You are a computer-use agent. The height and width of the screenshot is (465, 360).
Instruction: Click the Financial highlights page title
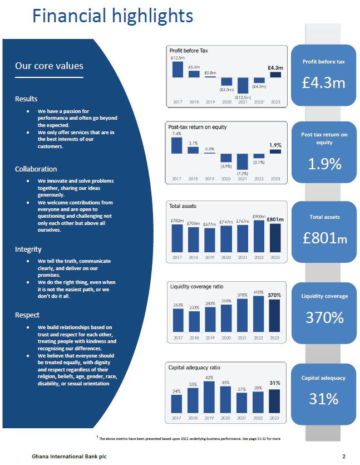tap(112, 16)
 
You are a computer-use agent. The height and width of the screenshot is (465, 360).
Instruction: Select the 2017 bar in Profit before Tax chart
tap(177, 69)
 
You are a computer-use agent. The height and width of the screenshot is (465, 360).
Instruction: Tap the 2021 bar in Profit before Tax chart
tap(243, 85)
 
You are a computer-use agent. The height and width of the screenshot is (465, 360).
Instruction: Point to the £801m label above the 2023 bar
tap(275, 219)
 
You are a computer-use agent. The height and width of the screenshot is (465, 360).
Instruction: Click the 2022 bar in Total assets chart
tap(259, 236)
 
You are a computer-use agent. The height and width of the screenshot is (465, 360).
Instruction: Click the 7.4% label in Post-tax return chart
tap(176, 134)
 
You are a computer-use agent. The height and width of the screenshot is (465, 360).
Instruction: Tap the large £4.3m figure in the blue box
tap(323, 83)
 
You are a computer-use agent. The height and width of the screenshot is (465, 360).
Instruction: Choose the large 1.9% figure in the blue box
tap(323, 164)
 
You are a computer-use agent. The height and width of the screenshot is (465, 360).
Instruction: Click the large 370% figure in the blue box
tap(323, 317)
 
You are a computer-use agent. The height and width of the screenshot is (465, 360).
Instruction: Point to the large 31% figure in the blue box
tap(323, 399)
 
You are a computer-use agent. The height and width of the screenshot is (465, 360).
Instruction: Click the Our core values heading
tap(49, 66)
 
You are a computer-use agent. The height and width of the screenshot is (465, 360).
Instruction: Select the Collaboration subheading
tap(36, 169)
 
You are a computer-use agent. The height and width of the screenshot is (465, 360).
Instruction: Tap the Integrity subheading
tap(28, 249)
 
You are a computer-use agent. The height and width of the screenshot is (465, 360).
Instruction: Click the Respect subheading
tap(27, 315)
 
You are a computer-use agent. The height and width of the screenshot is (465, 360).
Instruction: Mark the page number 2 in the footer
tap(344, 457)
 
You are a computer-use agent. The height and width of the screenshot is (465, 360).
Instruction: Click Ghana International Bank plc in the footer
tap(69, 457)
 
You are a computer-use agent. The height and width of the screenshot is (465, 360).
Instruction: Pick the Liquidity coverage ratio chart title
tap(196, 286)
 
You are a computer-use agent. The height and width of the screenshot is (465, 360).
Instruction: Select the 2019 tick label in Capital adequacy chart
tap(210, 418)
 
